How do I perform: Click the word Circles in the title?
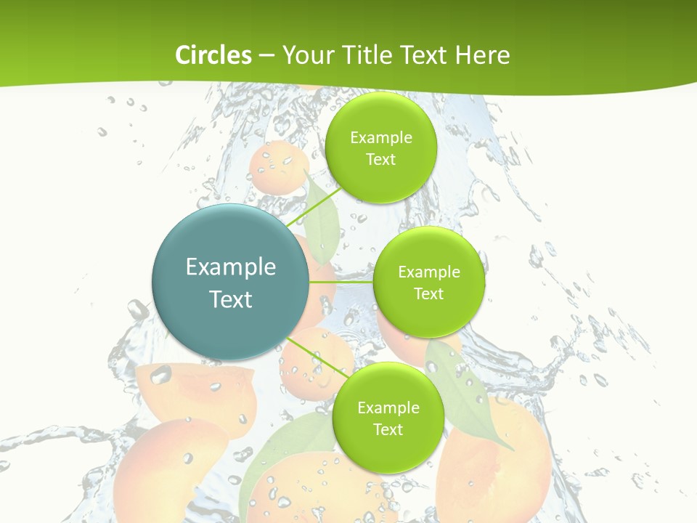click(213, 55)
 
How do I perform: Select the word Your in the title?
click(305, 55)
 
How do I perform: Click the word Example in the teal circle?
click(231, 267)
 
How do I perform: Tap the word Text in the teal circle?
click(231, 299)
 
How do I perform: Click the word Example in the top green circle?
click(381, 138)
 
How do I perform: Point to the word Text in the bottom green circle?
click(388, 429)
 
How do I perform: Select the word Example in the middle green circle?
click(429, 272)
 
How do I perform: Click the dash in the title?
click(266, 55)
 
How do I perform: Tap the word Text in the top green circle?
click(380, 160)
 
